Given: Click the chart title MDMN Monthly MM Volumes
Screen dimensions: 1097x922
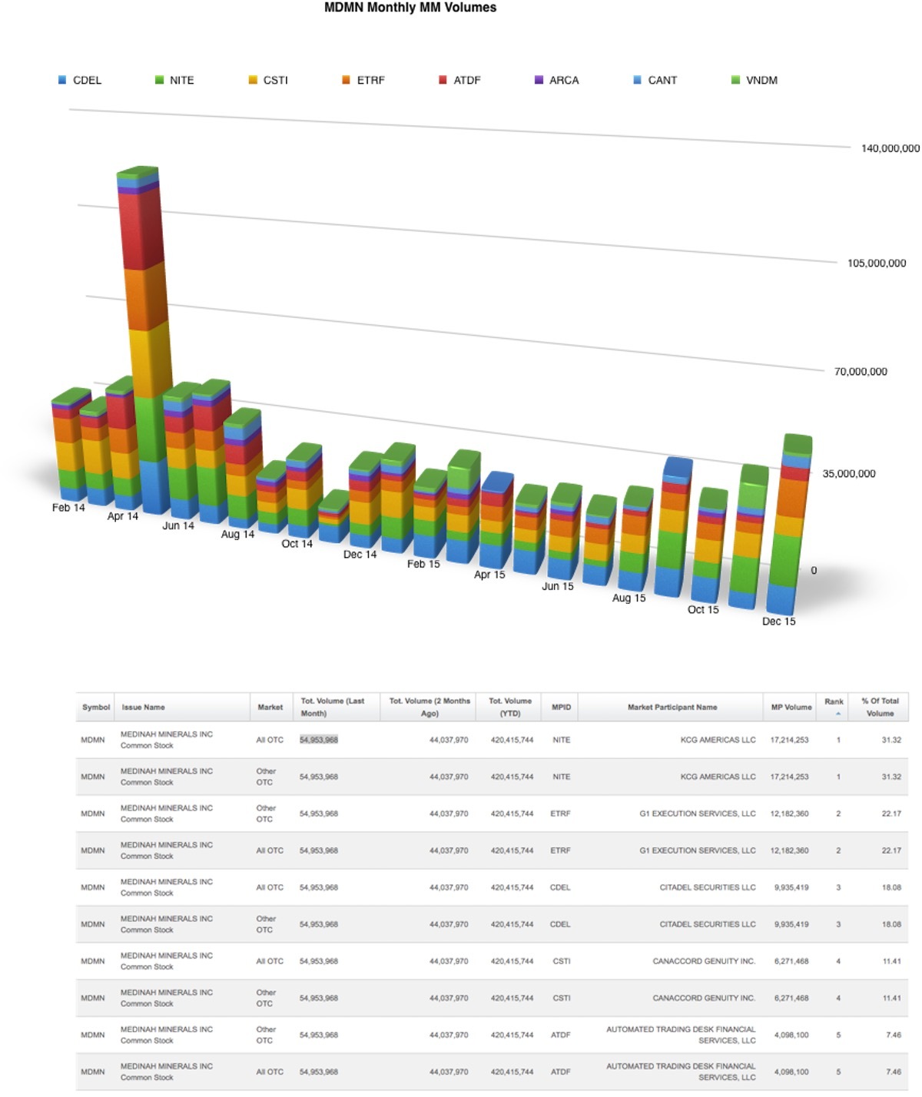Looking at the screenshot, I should (410, 8).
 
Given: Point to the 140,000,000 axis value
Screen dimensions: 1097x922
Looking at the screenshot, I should (890, 148).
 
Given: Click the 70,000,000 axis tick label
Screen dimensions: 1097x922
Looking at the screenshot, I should (861, 372).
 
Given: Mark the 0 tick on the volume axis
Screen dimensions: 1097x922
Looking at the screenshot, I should (814, 570).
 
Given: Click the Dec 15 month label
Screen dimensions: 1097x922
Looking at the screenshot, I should (778, 621).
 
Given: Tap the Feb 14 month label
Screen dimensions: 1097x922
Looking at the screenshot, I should (68, 508).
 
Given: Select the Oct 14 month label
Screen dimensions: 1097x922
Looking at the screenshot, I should (297, 544).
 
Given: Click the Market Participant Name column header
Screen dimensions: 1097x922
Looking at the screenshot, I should (672, 708).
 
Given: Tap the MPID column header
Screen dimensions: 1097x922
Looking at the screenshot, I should (561, 708).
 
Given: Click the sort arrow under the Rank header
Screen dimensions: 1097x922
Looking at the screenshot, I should (837, 714).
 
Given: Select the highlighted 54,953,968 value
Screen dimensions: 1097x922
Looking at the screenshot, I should (319, 740).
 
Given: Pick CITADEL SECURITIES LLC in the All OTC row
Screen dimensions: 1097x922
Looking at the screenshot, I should (707, 887).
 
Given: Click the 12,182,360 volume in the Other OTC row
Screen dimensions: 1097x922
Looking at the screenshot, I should (789, 814).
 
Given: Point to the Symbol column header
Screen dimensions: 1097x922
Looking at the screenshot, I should (96, 708).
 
